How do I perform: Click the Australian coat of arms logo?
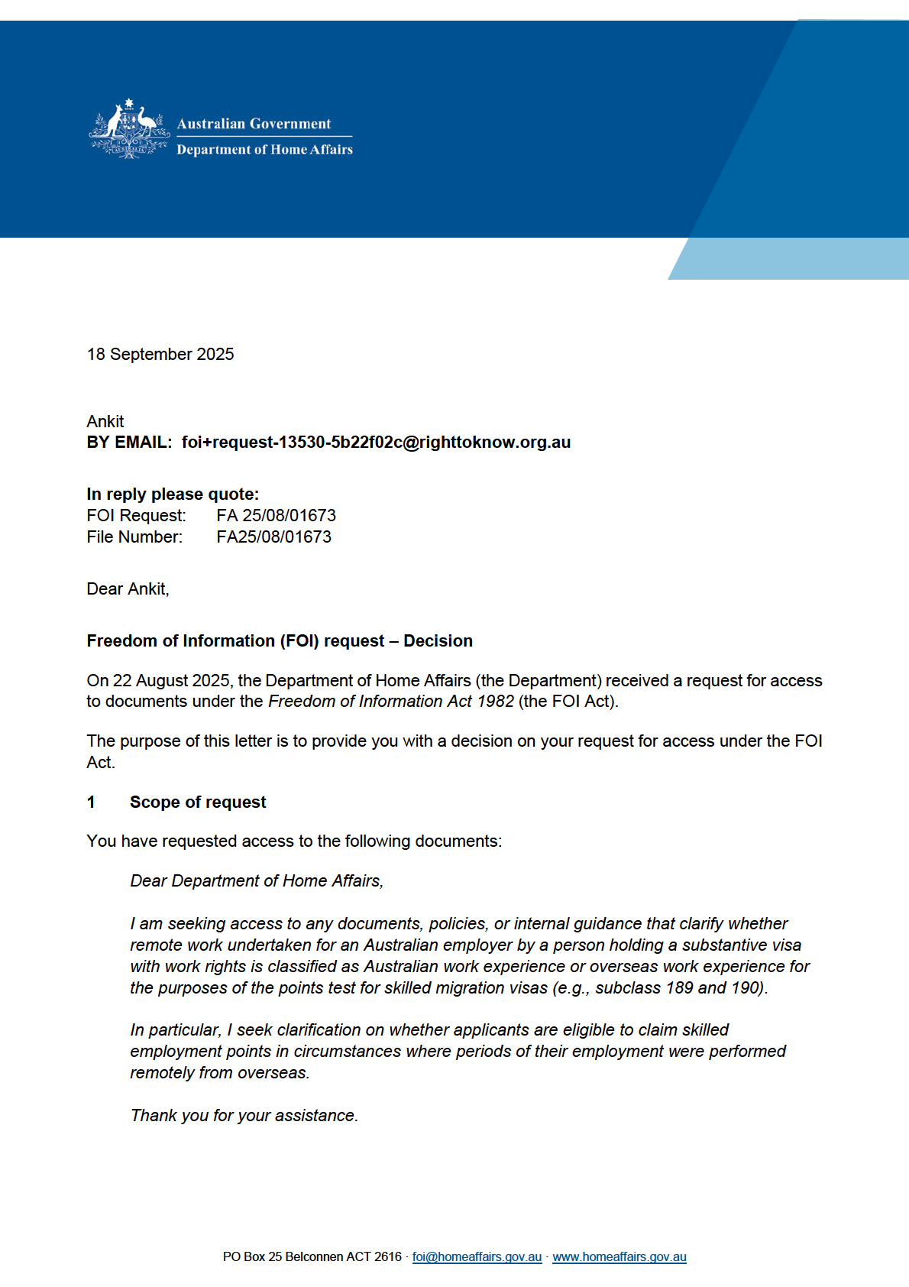point(129,129)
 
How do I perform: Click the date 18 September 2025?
point(160,355)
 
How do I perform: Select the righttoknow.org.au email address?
point(376,443)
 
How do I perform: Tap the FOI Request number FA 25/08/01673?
point(276,516)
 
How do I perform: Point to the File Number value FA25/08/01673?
point(273,537)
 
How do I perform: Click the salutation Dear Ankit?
point(128,589)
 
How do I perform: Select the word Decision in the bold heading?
point(438,641)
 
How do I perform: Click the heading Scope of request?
point(198,802)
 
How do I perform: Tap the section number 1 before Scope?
point(92,802)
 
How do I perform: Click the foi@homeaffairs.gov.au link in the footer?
point(477,1257)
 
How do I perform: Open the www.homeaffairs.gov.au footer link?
point(619,1257)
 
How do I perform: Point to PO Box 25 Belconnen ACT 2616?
point(312,1257)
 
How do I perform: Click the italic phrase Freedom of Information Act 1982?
point(391,702)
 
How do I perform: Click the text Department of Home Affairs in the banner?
point(264,150)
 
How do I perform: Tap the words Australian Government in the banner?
point(254,124)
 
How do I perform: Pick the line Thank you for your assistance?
point(244,1116)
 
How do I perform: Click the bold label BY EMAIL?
point(129,443)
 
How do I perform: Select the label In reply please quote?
point(173,494)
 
